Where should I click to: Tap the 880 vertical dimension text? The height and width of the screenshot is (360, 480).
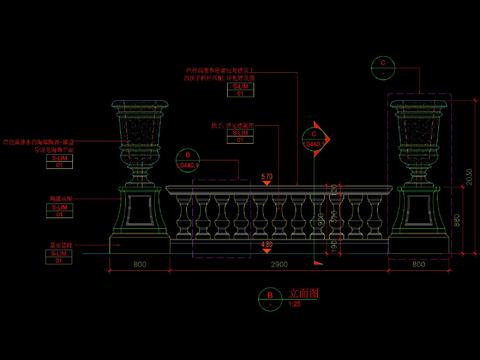coord(457,220)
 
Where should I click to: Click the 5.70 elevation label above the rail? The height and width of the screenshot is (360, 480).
coord(266,177)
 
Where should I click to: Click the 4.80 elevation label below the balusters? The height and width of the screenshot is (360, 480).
coord(266,244)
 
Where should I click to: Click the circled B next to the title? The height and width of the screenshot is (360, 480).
coord(269,296)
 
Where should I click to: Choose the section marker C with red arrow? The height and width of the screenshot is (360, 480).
coord(316,133)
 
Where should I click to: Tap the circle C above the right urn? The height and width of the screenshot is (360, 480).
coord(383,63)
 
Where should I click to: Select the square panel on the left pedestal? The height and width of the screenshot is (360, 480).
coord(138,211)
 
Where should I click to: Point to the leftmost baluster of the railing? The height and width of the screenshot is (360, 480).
coord(182,215)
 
